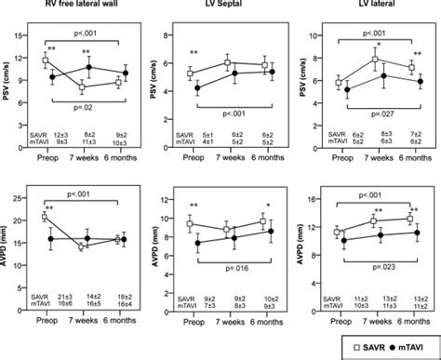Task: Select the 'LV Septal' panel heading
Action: point(227,7)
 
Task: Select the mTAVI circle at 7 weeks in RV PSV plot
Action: point(89,68)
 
